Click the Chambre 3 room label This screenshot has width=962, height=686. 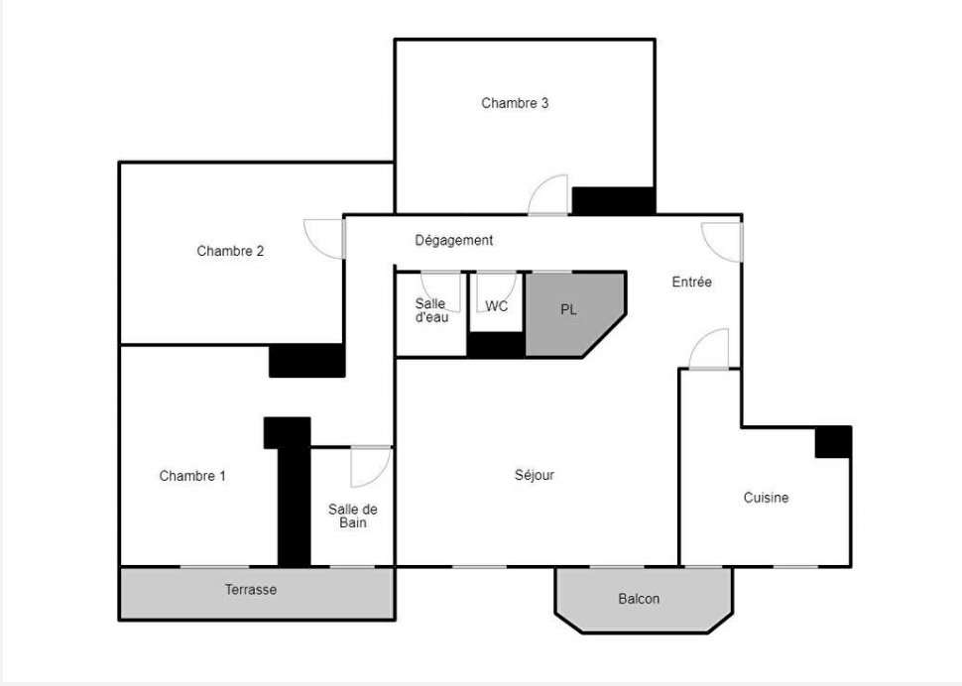(x=515, y=103)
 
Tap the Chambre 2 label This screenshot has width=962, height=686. (x=230, y=251)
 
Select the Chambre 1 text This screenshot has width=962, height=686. (x=192, y=476)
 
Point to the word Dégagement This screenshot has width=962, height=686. (x=454, y=240)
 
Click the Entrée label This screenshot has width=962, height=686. (x=692, y=282)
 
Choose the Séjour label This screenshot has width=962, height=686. (x=535, y=475)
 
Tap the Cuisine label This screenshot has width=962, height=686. (x=767, y=498)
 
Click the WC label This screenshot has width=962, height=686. (x=496, y=306)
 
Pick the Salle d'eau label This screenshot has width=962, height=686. (x=431, y=310)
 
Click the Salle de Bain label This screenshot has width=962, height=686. (x=353, y=516)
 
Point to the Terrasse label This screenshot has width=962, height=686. (x=251, y=590)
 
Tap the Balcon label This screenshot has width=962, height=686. (x=639, y=599)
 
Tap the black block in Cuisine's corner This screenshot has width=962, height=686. (x=833, y=442)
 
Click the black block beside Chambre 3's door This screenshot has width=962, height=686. (x=614, y=201)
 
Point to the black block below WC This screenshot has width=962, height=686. (x=496, y=345)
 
